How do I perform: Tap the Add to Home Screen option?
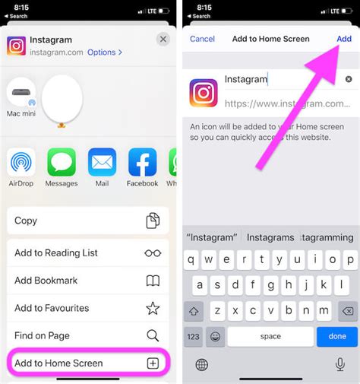(x=87, y=363)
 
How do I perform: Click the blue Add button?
(x=344, y=39)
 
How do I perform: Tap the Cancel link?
(x=202, y=39)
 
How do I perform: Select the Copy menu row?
(x=87, y=221)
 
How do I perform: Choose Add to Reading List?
(x=87, y=252)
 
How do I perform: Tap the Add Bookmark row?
(x=87, y=281)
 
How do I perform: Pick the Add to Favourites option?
(x=87, y=308)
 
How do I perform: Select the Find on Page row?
(x=87, y=335)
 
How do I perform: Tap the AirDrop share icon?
(x=21, y=162)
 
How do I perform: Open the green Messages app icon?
(x=62, y=162)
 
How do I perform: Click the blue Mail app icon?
(x=102, y=162)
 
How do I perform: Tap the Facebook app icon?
(x=142, y=162)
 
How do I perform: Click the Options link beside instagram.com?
(x=104, y=52)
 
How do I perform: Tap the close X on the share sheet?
(x=163, y=39)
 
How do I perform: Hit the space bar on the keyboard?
(x=270, y=336)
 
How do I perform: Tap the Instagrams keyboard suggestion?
(x=270, y=238)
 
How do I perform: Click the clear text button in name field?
(x=349, y=79)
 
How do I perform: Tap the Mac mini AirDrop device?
(x=21, y=95)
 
